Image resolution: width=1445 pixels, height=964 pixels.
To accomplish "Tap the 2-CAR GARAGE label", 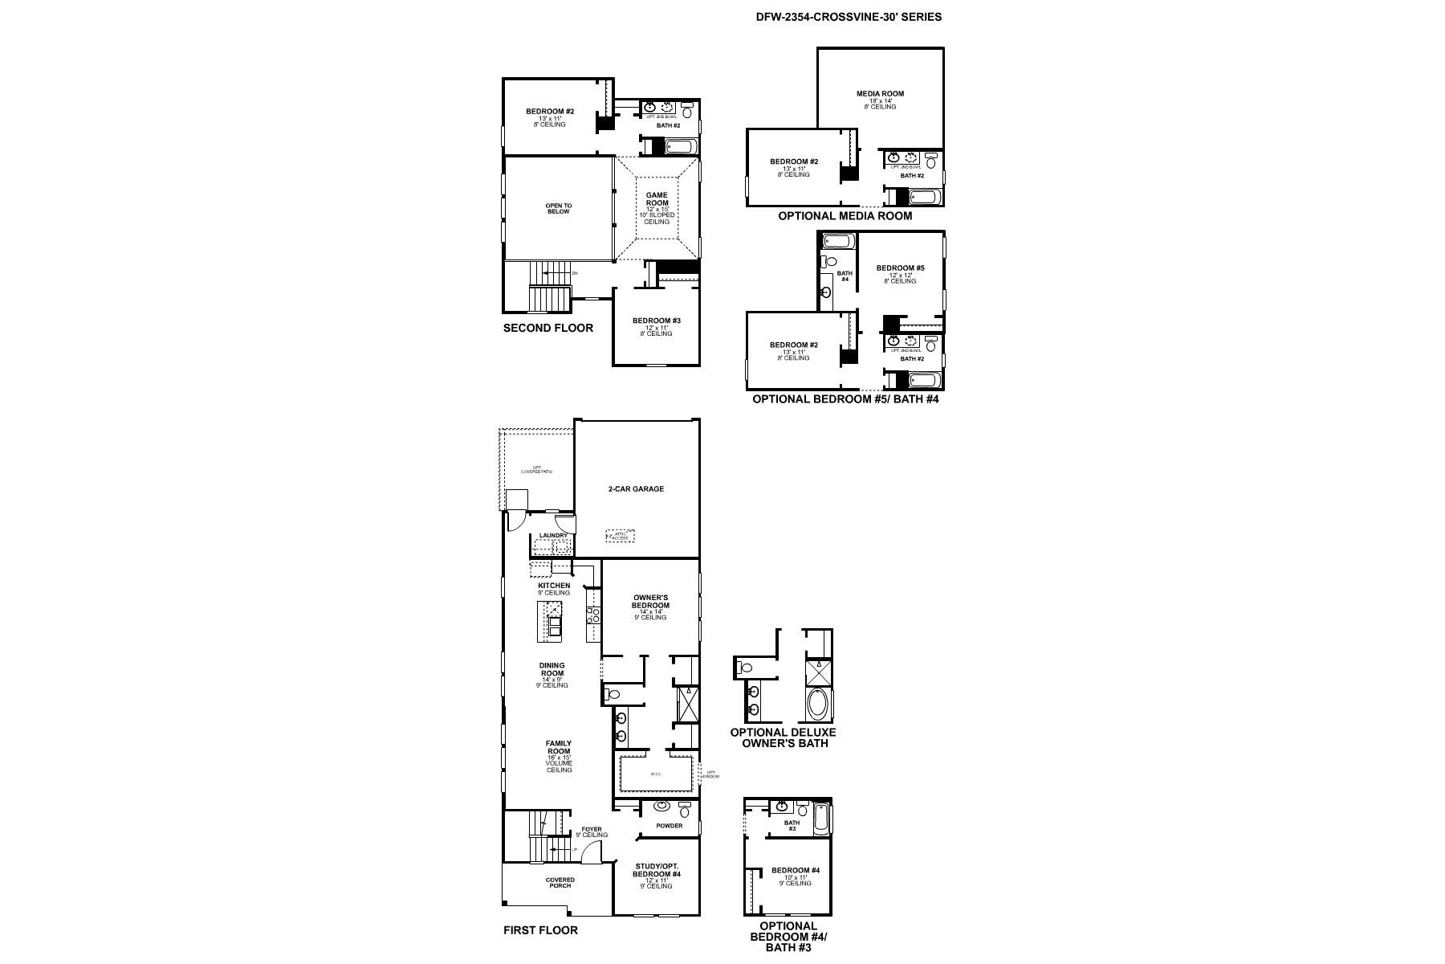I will (x=635, y=488).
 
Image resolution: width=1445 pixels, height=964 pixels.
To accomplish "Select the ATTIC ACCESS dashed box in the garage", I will (x=620, y=536).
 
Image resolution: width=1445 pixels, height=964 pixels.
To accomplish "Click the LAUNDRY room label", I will (x=553, y=536).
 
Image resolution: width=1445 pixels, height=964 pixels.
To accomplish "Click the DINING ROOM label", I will (x=552, y=670).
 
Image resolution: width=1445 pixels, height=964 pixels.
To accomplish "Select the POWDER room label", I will (x=669, y=826).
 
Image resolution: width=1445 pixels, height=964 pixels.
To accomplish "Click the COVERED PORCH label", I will (x=560, y=882).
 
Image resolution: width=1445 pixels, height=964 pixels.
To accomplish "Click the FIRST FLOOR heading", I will (x=540, y=930).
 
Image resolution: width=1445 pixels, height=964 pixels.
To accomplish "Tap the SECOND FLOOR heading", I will (x=548, y=328).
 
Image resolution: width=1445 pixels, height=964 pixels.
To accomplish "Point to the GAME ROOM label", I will (x=657, y=198).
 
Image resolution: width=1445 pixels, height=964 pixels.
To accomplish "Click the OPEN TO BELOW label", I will (x=559, y=208).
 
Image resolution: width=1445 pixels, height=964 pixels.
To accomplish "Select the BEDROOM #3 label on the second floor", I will (x=656, y=321).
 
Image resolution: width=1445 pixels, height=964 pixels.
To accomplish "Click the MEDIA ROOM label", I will (x=880, y=94).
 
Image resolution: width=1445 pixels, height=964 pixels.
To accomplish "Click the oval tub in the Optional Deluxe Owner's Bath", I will (x=819, y=704).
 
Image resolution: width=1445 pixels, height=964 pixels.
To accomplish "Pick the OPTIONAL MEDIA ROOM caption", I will (x=845, y=216).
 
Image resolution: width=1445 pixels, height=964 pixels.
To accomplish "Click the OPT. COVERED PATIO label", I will (x=536, y=469).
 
